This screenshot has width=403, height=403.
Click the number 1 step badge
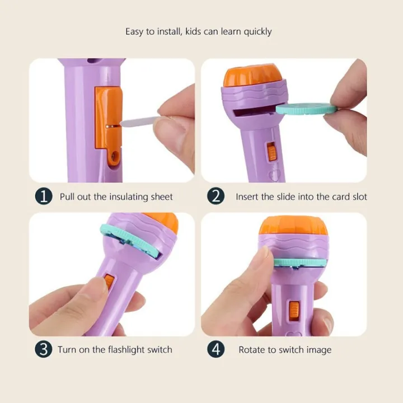[44, 196]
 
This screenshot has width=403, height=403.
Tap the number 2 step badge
[216, 196]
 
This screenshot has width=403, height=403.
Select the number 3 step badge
[44, 349]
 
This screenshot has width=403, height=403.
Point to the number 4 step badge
[216, 349]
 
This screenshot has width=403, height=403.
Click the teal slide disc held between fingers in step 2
[306, 109]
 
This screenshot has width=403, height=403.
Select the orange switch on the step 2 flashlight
[271, 152]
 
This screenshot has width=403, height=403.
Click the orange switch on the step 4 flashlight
[294, 311]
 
